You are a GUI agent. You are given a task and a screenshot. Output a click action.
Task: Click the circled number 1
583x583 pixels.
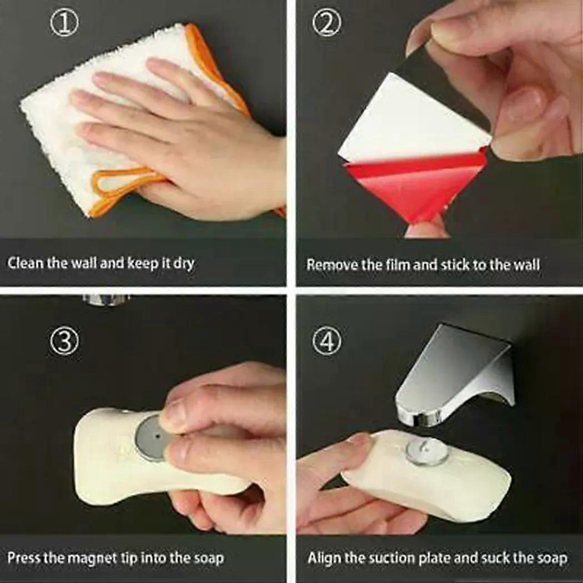[x=64, y=23]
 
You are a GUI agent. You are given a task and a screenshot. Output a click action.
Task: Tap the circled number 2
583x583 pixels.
[x=326, y=23]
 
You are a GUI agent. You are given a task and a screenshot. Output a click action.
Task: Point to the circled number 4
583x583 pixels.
[x=327, y=341]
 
